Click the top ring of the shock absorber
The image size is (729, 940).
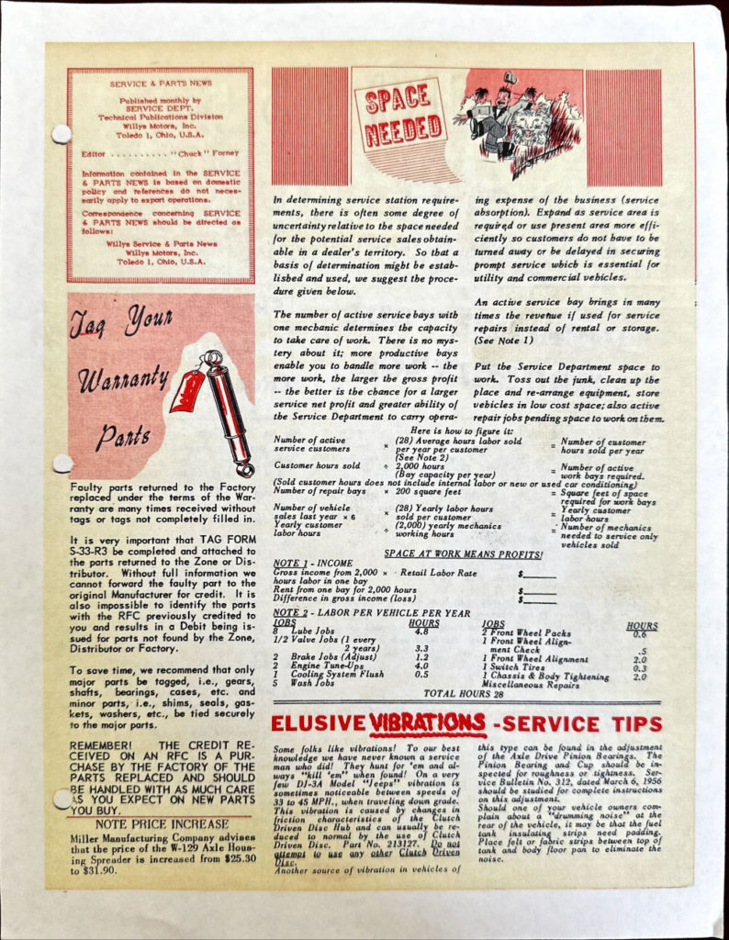(212, 358)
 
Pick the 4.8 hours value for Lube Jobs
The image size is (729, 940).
(421, 632)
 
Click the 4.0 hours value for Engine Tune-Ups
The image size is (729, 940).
(422, 666)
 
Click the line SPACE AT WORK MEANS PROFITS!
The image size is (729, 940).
(463, 554)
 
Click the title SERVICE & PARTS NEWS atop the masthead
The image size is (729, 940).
(161, 84)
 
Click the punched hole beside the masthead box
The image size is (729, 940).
(61, 134)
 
